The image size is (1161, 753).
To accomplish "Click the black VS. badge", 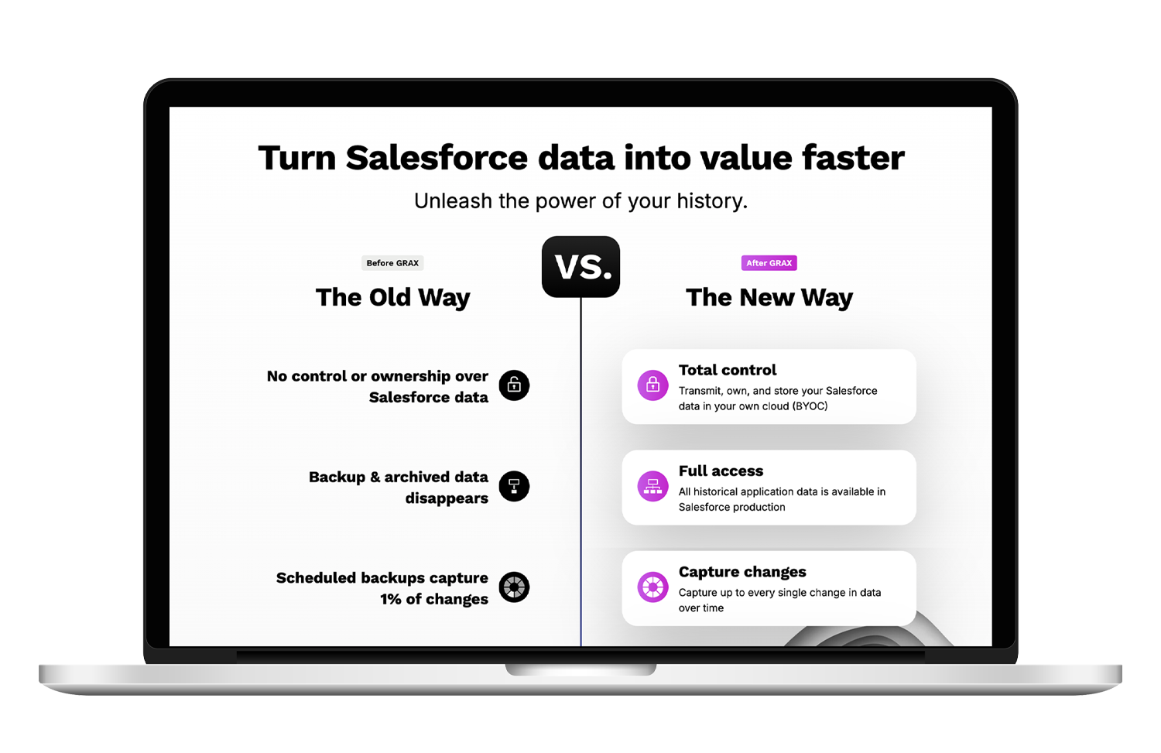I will (581, 267).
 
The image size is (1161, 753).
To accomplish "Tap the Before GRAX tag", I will (392, 263).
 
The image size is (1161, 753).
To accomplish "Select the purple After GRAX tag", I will (769, 263).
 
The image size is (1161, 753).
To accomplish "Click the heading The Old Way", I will (392, 298).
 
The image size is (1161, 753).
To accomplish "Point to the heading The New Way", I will (769, 298).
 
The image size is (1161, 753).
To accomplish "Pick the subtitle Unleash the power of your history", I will (580, 201).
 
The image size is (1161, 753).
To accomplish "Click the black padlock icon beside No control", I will (514, 385).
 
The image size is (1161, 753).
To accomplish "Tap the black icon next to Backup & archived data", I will (514, 486).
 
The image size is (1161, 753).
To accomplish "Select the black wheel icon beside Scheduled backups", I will (514, 587).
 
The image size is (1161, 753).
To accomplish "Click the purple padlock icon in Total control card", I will (652, 385).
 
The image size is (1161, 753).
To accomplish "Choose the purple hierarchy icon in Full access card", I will (652, 486).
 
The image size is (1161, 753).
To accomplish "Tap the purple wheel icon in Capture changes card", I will (652, 587).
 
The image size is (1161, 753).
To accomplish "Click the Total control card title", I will (728, 370).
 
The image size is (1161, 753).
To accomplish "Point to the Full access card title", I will (721, 471).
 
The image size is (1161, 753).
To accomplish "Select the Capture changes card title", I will (742, 572).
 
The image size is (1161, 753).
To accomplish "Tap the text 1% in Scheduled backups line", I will (391, 599).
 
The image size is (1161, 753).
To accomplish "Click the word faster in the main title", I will (853, 158).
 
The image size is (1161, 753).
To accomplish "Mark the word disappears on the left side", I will (447, 498).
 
